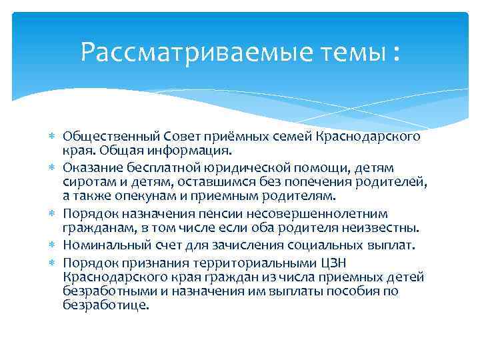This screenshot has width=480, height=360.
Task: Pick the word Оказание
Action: [89, 167]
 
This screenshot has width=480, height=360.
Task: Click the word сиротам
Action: [85, 181]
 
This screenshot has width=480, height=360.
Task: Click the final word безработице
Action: [105, 306]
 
